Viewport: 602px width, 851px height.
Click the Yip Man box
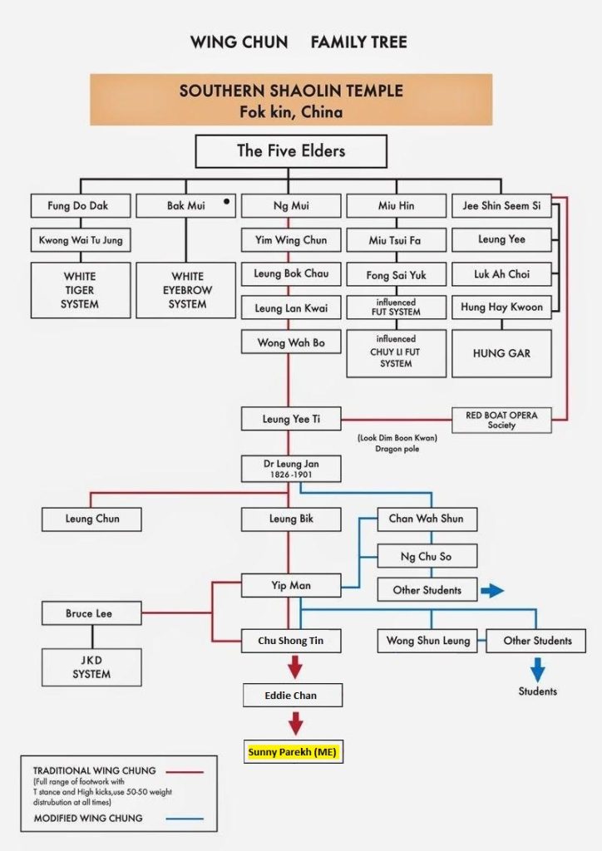291,586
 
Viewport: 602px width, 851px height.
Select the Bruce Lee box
91,613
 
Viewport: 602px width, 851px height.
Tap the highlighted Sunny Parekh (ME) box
294,751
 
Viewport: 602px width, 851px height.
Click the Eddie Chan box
293,696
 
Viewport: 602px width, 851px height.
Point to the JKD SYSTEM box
91,667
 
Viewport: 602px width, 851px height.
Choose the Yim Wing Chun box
291,240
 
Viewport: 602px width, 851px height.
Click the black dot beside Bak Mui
226,201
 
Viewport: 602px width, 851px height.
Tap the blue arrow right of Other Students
492,591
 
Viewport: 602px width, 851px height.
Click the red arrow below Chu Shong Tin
294,667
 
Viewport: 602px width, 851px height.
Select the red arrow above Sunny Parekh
295,724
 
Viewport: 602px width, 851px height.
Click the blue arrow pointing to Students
537,670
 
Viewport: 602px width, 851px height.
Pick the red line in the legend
185,771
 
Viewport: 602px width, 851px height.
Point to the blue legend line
185,819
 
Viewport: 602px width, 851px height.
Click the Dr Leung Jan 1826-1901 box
291,469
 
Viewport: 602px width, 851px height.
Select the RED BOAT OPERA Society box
501,420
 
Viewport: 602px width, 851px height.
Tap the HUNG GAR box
501,353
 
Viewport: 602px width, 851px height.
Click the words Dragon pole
397,449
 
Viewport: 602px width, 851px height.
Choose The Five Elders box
291,151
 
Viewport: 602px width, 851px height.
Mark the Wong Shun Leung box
427,641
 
